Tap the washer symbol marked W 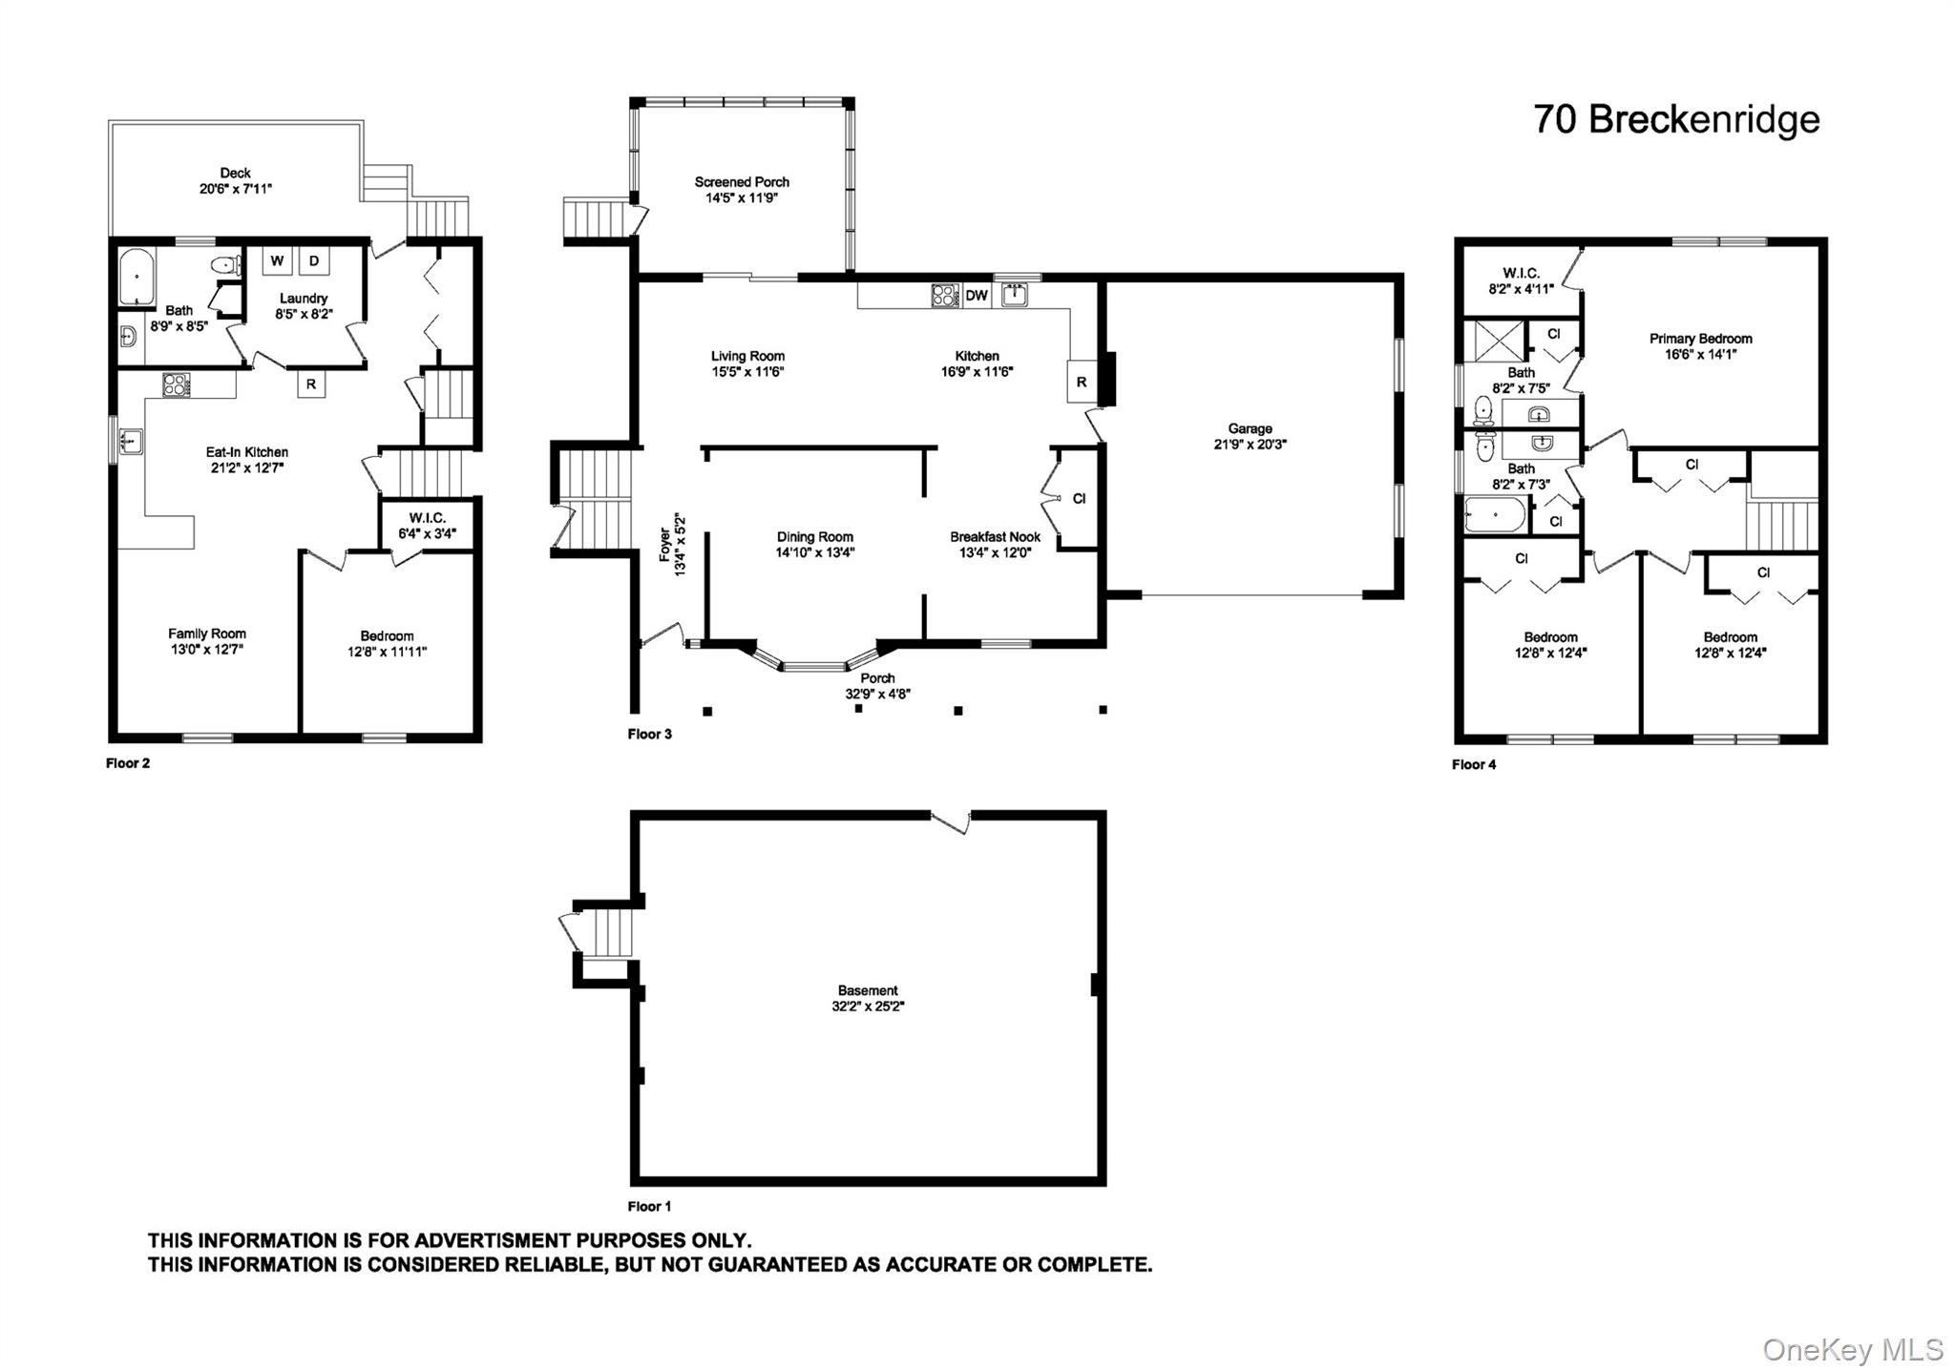point(277,261)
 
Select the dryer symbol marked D point(313,261)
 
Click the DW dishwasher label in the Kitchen point(976,296)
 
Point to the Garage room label point(1250,429)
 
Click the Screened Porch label point(742,182)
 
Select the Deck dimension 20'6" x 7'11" point(235,189)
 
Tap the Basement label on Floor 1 point(867,990)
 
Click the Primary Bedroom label point(1700,339)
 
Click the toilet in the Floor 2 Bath point(225,265)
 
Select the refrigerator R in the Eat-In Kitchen point(311,384)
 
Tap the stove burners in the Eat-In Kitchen point(176,384)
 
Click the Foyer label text point(665,544)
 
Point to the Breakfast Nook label point(995,537)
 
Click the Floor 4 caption point(1474,764)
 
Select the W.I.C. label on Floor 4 point(1521,274)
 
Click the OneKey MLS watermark point(1852,1349)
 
